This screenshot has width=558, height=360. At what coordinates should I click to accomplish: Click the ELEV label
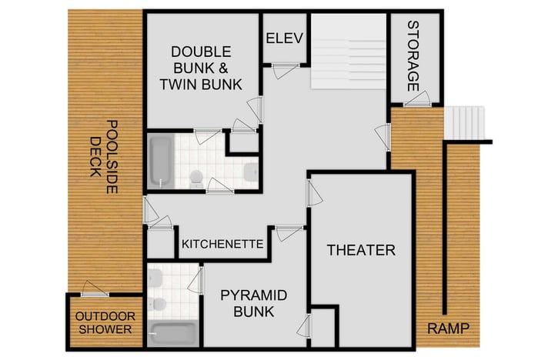tap(285, 38)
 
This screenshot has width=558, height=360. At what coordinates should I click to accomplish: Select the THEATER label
tap(361, 250)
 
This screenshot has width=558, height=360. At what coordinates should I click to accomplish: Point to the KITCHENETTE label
tap(222, 245)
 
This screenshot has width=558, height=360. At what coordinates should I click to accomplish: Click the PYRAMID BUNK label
tap(253, 303)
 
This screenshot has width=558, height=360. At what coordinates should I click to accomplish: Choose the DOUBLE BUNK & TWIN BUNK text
tap(201, 67)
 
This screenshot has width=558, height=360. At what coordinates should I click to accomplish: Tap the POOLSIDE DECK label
tap(102, 148)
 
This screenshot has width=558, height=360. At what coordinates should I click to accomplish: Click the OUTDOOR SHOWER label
tap(105, 323)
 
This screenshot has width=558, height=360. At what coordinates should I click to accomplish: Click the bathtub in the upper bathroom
tap(159, 161)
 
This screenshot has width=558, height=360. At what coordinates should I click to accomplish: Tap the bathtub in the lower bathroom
tap(173, 333)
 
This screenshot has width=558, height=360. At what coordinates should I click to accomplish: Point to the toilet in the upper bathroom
tap(196, 178)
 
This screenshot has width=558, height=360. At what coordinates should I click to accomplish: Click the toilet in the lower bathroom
tap(159, 304)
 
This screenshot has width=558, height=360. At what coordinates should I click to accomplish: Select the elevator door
tap(286, 70)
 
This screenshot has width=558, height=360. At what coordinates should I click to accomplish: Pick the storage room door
tap(416, 98)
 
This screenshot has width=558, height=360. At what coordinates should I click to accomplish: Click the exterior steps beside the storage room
tap(466, 122)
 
